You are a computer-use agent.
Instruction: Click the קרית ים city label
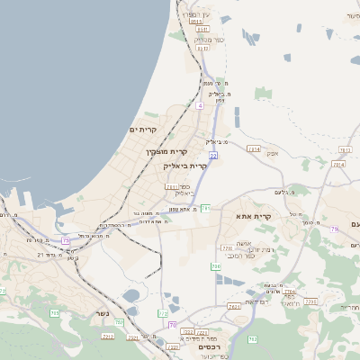tap(143, 130)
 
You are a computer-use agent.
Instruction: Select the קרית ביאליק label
tap(185, 166)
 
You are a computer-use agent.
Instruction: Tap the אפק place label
tap(273, 154)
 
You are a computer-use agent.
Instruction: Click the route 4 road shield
tap(200, 105)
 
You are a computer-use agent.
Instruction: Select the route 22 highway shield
tap(213, 156)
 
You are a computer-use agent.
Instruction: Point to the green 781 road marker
tap(205, 208)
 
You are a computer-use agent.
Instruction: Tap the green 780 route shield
tap(216, 266)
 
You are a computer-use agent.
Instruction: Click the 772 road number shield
tap(163, 313)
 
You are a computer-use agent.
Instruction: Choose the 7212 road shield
tap(108, 336)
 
